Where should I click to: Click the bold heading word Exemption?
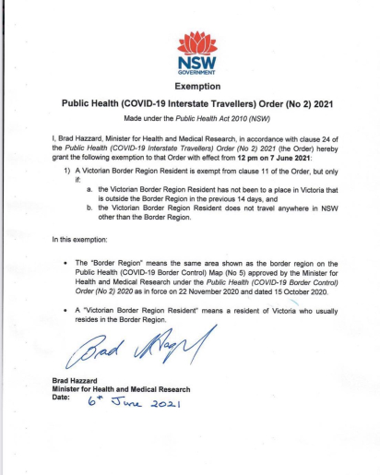tap(189, 85)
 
